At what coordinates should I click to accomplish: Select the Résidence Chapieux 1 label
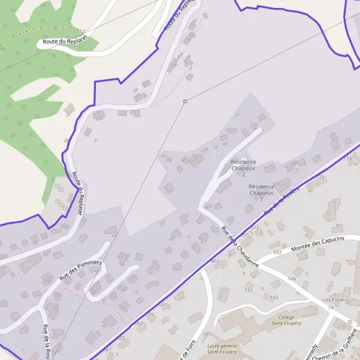[x=261, y=190]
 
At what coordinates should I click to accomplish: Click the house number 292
[x=277, y=253]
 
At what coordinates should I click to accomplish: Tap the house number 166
[x=292, y=279]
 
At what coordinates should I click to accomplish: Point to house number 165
[x=274, y=298]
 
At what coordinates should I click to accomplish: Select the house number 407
[x=215, y=261]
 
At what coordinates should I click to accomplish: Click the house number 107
[x=206, y=334]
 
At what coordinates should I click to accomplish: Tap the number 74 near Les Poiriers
[x=330, y=307]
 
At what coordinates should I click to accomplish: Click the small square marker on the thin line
[x=185, y=101]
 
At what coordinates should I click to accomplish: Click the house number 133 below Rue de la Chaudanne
[x=248, y=290]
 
